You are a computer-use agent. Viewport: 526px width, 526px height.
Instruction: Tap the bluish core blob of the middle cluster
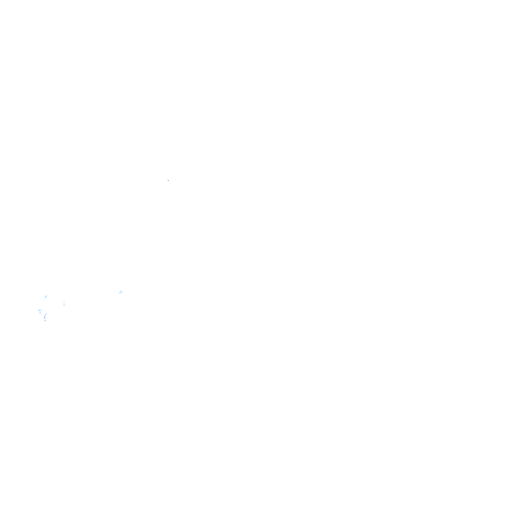(x=121, y=292)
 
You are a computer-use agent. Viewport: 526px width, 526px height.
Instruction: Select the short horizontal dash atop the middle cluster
(x=121, y=288)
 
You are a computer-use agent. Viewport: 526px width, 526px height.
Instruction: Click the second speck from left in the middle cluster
(x=116, y=291)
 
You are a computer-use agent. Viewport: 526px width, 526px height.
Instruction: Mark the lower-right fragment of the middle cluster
(x=123, y=295)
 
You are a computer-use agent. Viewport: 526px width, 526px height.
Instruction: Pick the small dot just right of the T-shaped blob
(x=44, y=311)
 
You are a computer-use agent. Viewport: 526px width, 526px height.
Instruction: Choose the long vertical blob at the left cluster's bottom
(x=45, y=317)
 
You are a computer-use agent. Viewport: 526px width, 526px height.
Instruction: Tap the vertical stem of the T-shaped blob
(x=40, y=314)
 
